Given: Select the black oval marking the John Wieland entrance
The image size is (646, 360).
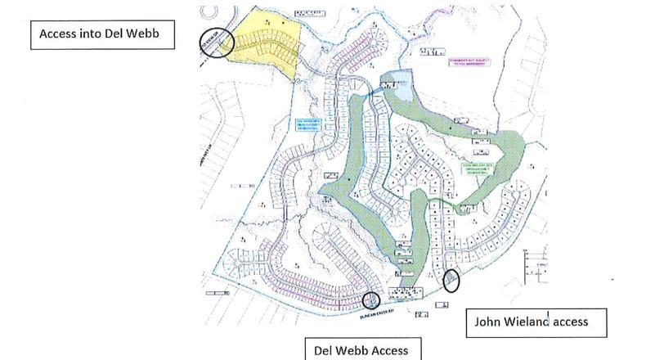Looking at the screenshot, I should (x=451, y=281).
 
